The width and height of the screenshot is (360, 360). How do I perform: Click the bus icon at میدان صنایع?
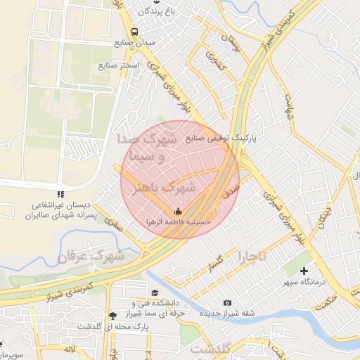point(134,32)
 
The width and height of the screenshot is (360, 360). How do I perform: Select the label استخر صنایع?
point(118,65)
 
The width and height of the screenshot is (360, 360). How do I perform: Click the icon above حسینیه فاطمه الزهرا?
point(177,210)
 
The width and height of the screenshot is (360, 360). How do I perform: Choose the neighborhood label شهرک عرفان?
point(91,255)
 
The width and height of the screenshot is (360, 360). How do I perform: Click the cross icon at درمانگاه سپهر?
point(304,271)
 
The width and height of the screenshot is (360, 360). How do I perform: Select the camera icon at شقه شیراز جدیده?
point(227,303)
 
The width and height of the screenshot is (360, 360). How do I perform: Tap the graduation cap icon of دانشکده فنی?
point(154,292)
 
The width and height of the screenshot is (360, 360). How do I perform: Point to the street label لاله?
point(68,349)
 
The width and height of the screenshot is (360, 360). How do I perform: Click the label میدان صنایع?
point(134,43)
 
